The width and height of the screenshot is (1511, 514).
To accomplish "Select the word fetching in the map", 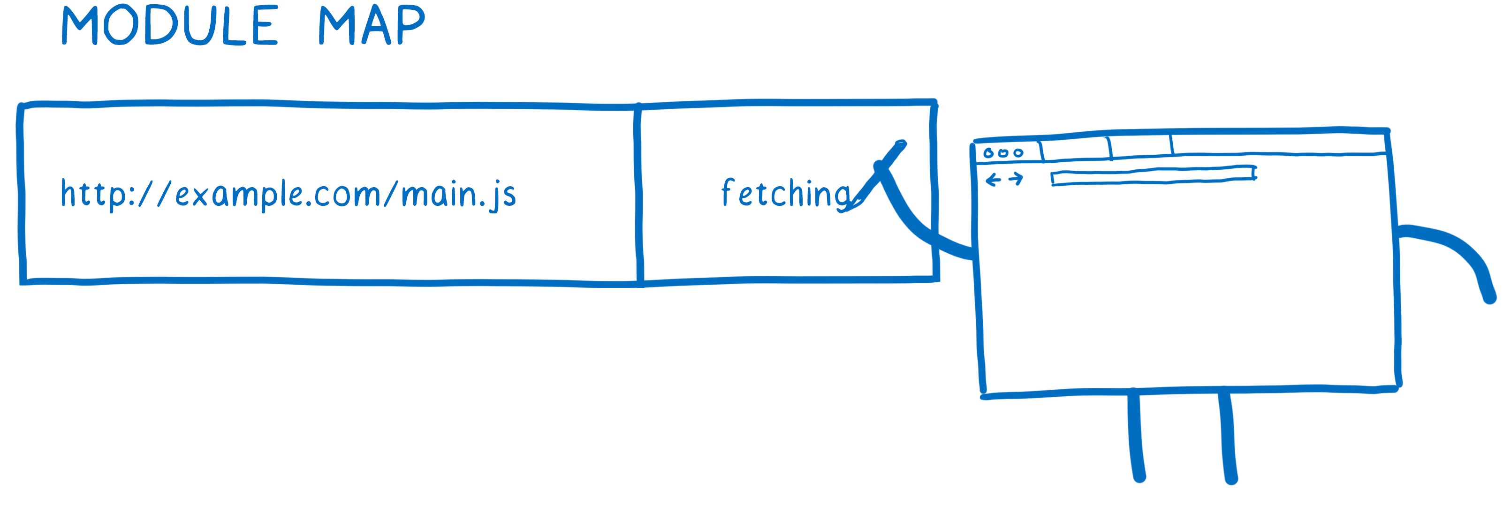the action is click(x=786, y=193).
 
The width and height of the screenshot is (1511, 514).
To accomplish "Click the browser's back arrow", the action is click(x=993, y=179).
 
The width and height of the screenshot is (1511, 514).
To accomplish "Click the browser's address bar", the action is click(x=1153, y=175).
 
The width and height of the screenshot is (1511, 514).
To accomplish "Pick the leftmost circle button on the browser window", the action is click(x=988, y=153).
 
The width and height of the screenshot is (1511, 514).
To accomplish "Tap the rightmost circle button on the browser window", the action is click(x=1018, y=153).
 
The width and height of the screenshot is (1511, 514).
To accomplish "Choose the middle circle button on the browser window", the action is click(x=1003, y=153).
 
